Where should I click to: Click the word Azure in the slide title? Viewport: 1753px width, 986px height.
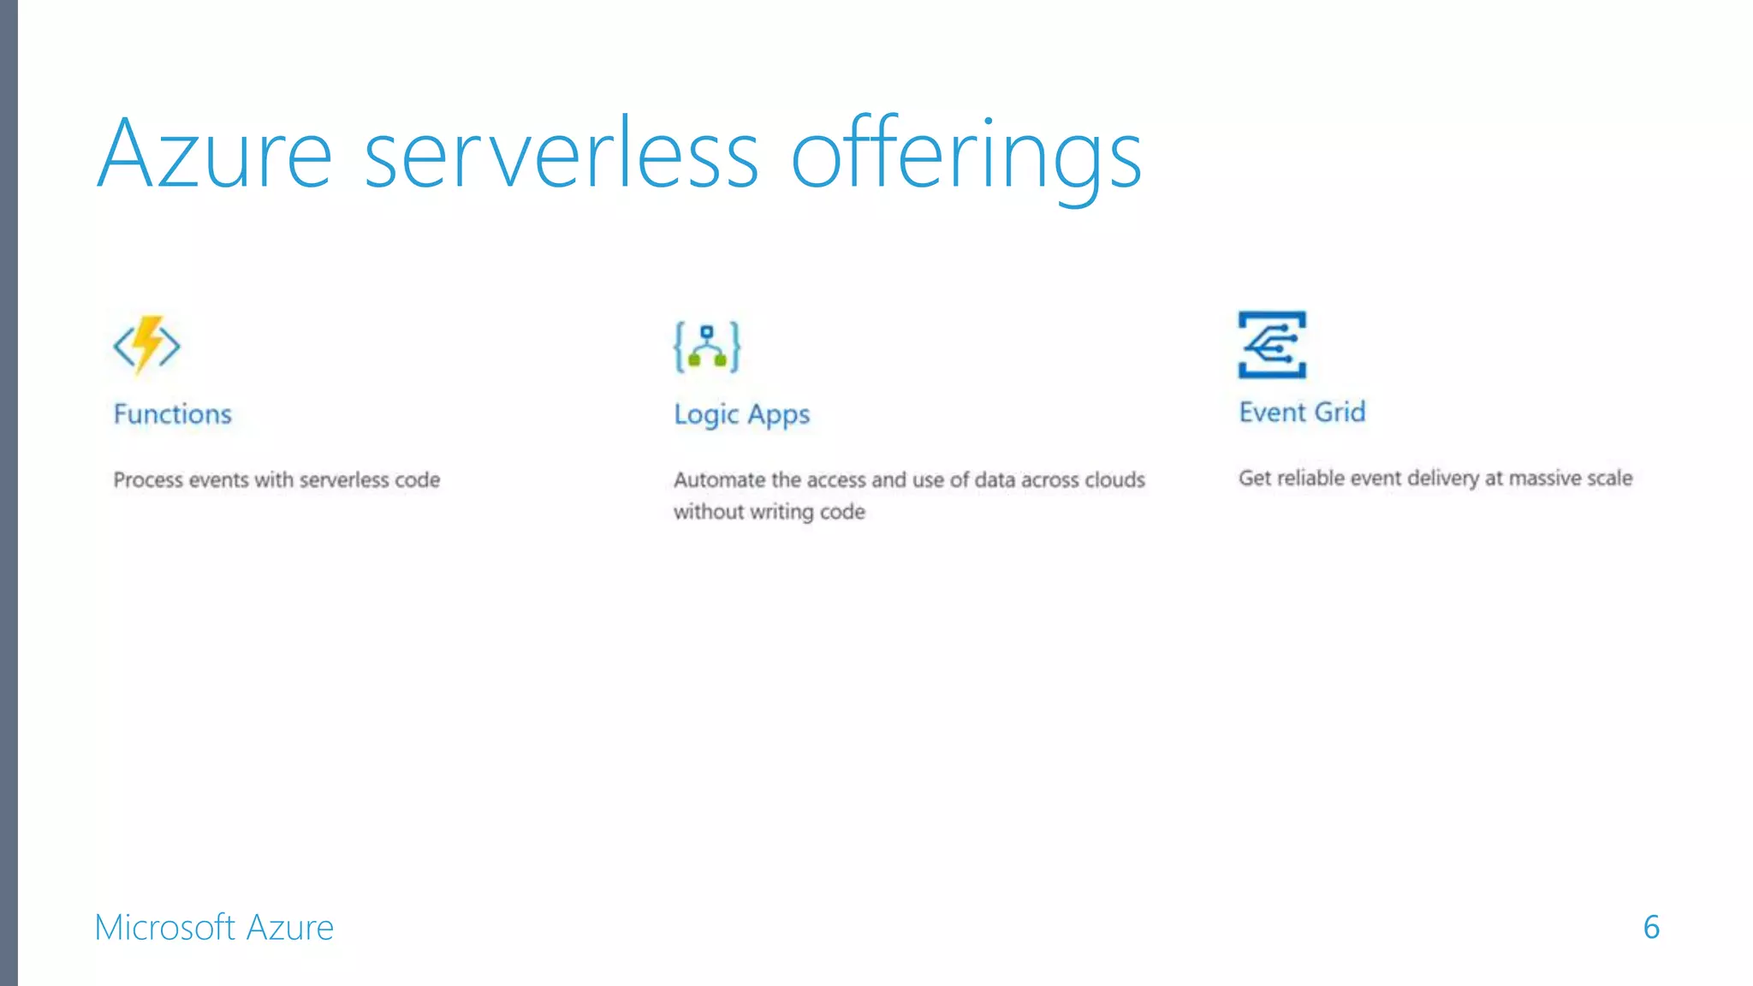pyautogui.click(x=214, y=154)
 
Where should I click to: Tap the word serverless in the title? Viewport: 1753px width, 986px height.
pyautogui.click(x=562, y=154)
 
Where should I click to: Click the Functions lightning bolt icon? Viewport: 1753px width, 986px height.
pyautogui.click(x=147, y=345)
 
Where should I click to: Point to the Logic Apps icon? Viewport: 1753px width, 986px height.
pyautogui.click(x=707, y=347)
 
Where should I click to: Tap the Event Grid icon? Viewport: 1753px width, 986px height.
pyautogui.click(x=1272, y=344)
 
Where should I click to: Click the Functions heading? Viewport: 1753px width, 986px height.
pyautogui.click(x=173, y=414)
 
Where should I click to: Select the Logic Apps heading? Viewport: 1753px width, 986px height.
pyautogui.click(x=741, y=415)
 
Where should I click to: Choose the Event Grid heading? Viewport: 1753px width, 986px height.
pyautogui.click(x=1302, y=413)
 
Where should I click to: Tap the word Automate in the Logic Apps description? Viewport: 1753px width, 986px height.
pyautogui.click(x=719, y=480)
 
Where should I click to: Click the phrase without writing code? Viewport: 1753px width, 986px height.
pyautogui.click(x=770, y=512)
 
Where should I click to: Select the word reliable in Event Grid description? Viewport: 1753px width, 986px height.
pyautogui.click(x=1310, y=478)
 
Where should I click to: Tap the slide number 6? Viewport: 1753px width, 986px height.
pyautogui.click(x=1651, y=927)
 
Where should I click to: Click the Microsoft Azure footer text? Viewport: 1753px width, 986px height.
pyautogui.click(x=214, y=928)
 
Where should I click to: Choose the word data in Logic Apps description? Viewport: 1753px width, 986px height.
pyautogui.click(x=995, y=480)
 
